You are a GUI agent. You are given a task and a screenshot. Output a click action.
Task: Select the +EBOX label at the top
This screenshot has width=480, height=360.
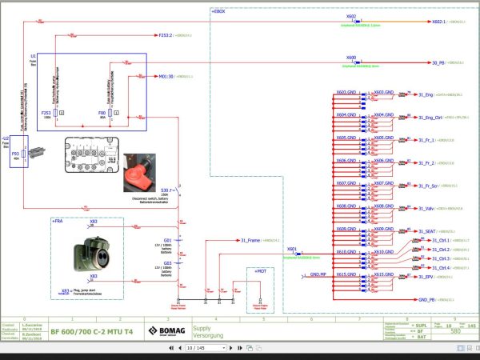pyautogui.click(x=218, y=13)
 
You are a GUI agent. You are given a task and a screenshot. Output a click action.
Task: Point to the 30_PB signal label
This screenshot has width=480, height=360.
pyautogui.click(x=438, y=62)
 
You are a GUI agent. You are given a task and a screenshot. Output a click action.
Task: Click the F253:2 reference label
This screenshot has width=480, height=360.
pyautogui.click(x=166, y=35)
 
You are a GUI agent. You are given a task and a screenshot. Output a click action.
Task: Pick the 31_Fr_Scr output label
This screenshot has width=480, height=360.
pyautogui.click(x=429, y=186)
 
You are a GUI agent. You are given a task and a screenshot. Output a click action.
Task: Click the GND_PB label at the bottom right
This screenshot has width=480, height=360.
pyautogui.click(x=427, y=300)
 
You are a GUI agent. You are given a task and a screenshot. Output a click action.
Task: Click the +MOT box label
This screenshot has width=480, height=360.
pyautogui.click(x=260, y=272)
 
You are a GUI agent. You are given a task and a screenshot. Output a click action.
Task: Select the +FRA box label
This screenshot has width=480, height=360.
pyautogui.click(x=58, y=219)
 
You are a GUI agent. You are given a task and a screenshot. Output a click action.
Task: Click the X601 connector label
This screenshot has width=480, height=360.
pyautogui.click(x=292, y=250)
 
